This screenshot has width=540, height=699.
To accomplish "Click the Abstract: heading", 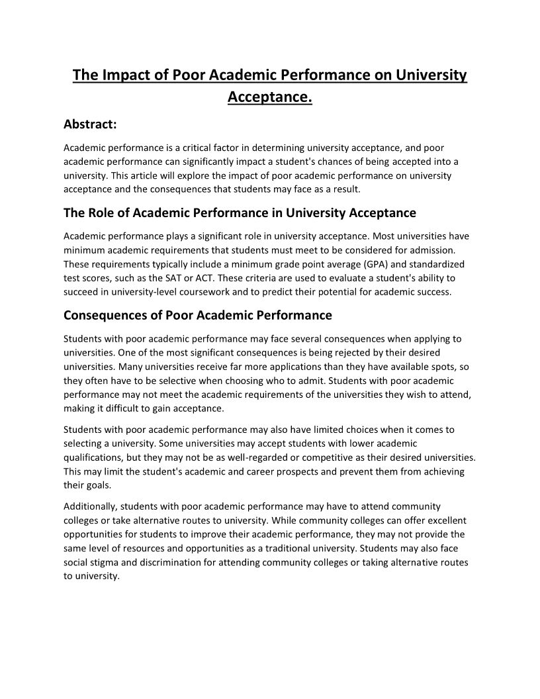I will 90,124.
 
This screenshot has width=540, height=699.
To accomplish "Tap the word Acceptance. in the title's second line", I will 269,97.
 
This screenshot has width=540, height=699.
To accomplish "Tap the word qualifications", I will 92,457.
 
